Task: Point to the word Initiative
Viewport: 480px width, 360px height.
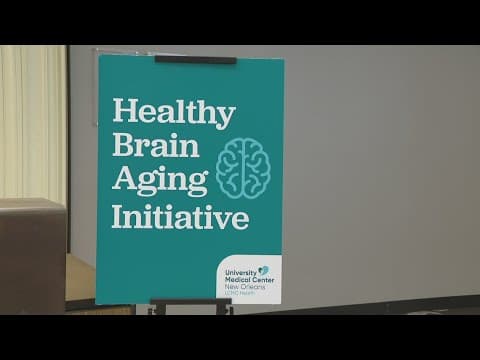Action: [x=180, y=216]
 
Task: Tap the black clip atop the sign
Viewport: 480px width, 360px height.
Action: [x=195, y=60]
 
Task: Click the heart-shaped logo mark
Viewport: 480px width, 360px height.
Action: [x=262, y=270]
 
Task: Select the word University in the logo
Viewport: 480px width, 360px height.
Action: [x=240, y=271]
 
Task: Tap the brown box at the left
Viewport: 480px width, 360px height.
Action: [x=33, y=255]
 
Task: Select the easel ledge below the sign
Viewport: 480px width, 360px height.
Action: [x=190, y=303]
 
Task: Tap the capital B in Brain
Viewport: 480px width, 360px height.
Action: [x=121, y=145]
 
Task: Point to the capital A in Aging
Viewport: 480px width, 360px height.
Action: [x=122, y=181]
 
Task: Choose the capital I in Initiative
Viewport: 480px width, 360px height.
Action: [x=116, y=216]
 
